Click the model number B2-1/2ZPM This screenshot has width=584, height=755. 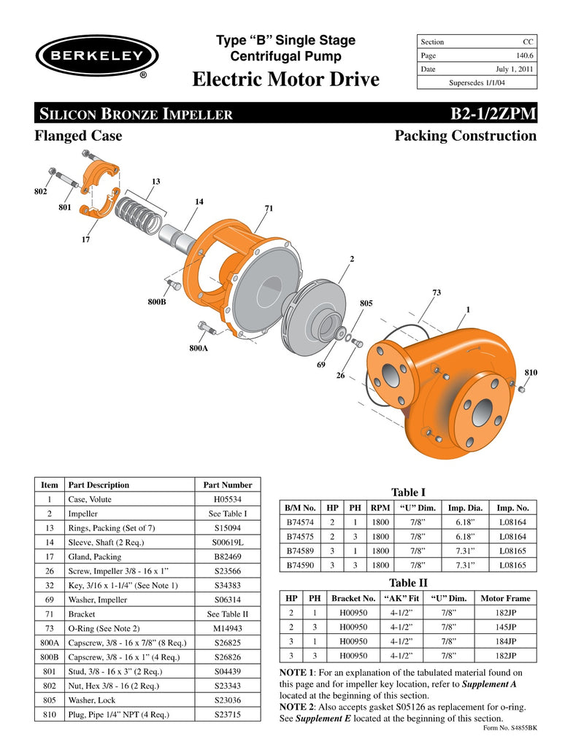(494, 114)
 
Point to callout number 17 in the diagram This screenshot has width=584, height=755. (85, 238)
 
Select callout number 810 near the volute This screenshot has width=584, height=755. (531, 373)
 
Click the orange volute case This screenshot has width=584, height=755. (445, 387)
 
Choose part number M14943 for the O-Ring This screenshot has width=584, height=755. (228, 628)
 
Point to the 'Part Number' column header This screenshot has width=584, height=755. (228, 484)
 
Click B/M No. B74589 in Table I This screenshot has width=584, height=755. (299, 550)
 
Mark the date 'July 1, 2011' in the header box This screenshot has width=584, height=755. (515, 69)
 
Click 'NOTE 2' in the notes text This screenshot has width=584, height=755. (299, 708)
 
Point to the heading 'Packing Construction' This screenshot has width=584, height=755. (465, 136)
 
